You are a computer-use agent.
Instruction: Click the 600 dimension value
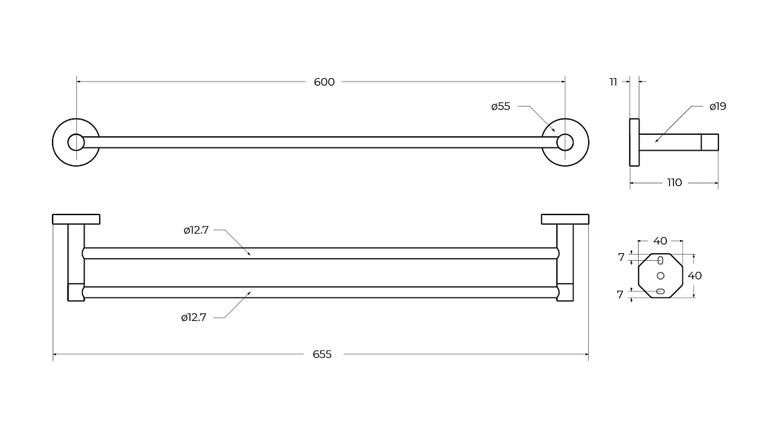[x=324, y=82]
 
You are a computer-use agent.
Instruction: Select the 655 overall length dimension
[x=322, y=355]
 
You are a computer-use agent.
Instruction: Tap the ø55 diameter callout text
[x=501, y=107]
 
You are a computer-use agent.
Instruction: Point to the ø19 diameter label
[x=717, y=107]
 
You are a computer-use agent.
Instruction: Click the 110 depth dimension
[x=674, y=183]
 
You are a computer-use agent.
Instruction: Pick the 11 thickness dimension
[x=613, y=82]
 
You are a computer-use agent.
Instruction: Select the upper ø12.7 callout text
[x=196, y=230]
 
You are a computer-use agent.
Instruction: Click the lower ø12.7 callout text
[x=193, y=318]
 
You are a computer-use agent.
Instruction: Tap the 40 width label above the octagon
[x=660, y=241]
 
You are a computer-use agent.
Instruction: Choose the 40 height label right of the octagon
[x=694, y=275]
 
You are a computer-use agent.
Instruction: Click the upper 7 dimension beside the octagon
[x=621, y=257]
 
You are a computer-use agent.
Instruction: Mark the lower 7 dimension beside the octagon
[x=620, y=295]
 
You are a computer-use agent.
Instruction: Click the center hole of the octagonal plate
[x=660, y=275]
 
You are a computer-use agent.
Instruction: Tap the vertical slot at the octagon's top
[x=660, y=261]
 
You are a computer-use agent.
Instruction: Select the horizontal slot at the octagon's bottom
[x=660, y=291]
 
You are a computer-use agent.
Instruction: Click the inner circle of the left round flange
[x=76, y=134]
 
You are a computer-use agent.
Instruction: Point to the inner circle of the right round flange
[x=565, y=134]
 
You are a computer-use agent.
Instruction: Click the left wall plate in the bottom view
[x=76, y=219]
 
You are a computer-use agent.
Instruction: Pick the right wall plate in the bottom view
[x=565, y=219]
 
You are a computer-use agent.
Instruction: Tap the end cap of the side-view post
[x=709, y=142]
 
